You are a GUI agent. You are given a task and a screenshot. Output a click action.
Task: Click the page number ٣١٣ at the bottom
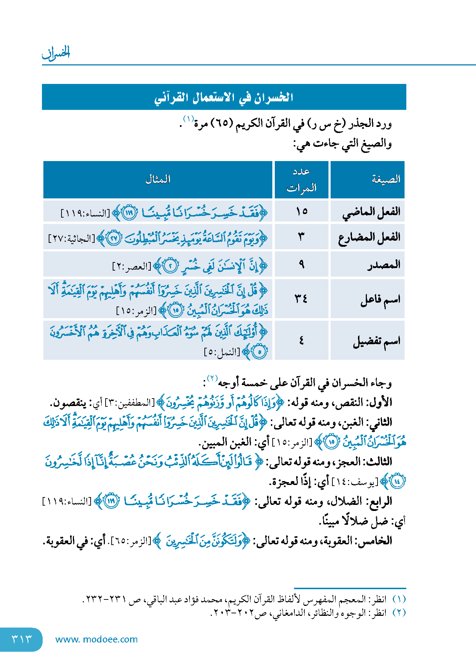(x=22, y=639)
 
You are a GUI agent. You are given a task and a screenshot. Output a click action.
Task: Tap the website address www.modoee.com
(x=96, y=639)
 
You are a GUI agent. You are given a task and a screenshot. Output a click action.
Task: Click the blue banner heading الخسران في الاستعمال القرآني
(x=224, y=97)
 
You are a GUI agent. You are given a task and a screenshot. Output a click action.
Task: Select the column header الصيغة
(x=386, y=179)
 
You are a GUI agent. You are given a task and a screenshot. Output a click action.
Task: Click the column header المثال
(x=158, y=179)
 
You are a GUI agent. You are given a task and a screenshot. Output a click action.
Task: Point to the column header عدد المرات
(x=301, y=179)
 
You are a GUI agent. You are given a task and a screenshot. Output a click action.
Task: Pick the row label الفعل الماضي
(x=371, y=212)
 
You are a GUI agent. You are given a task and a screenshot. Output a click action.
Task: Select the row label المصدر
(x=384, y=264)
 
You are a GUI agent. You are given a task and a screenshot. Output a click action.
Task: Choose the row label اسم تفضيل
(x=376, y=341)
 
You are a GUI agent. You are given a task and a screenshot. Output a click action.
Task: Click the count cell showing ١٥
(x=301, y=212)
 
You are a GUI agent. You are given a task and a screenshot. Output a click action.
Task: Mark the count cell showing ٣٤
(x=301, y=299)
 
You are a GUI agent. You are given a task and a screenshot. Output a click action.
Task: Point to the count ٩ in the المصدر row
(x=301, y=264)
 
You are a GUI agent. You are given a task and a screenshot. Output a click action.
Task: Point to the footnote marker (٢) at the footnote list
(x=399, y=613)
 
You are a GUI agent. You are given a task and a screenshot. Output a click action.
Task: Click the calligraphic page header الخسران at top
(x=56, y=53)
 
